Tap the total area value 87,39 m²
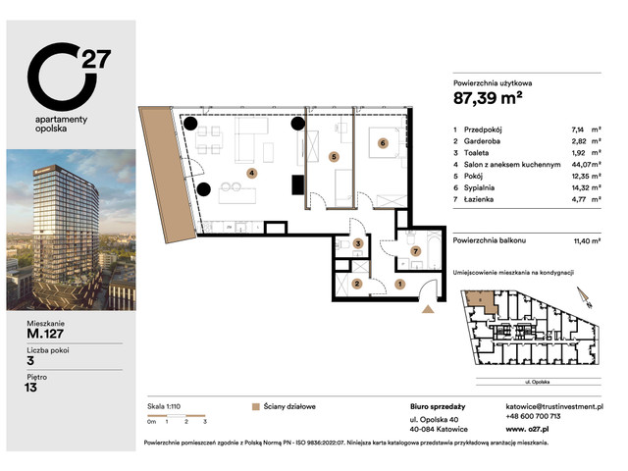click(487, 97)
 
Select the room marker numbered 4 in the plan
click(251, 173)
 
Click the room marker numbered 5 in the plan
click(334, 155)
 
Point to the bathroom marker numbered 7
click(415, 251)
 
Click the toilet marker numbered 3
click(358, 243)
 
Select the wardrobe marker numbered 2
click(357, 284)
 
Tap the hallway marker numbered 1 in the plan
click(399, 285)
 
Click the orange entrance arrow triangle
click(427, 309)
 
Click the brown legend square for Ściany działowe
click(255, 404)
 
